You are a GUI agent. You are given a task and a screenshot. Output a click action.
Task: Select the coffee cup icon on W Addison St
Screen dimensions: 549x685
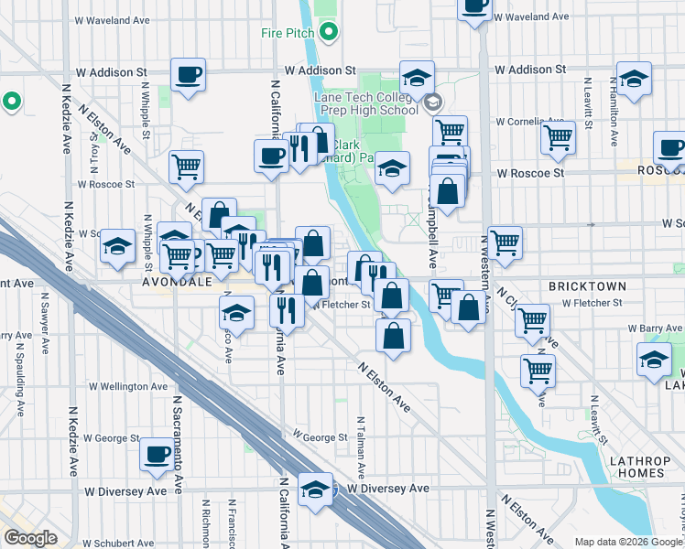click(188, 75)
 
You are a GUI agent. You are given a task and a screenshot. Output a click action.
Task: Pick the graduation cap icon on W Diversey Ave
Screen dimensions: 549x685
click(315, 489)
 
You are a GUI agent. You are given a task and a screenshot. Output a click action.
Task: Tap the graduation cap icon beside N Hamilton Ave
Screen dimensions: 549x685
click(634, 79)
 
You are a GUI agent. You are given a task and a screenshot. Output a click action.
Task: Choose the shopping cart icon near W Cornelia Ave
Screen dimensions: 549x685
click(557, 137)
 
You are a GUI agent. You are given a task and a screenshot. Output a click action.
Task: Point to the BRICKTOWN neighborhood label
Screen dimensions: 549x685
click(586, 286)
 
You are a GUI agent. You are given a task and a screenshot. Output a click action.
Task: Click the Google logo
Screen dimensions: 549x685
click(31, 538)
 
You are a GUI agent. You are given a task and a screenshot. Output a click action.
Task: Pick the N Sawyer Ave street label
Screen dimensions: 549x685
click(44, 314)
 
